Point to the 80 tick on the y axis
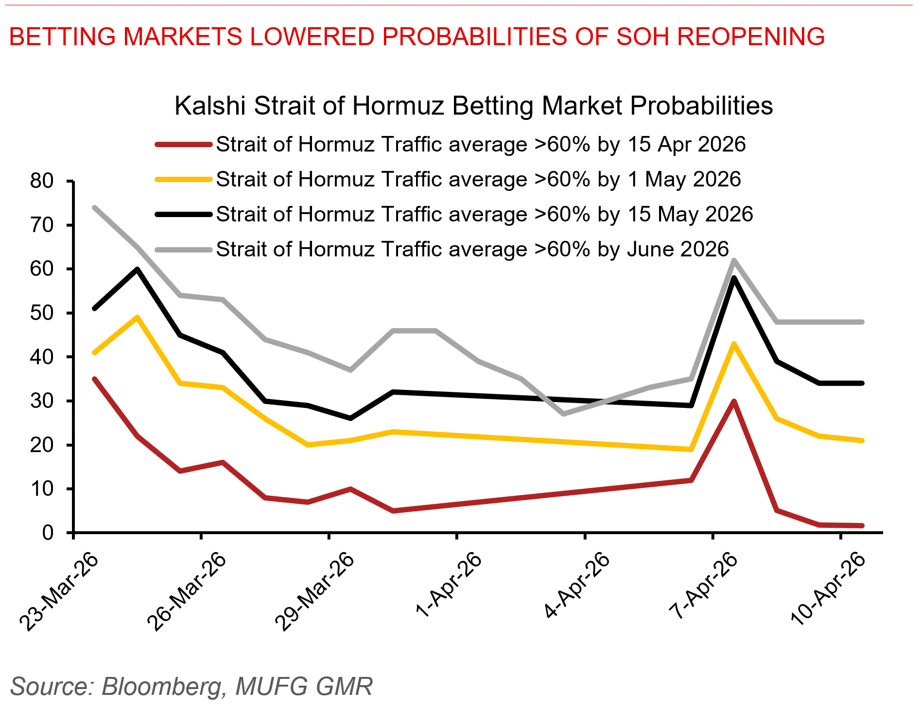[x=42, y=181]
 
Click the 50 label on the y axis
[x=42, y=313]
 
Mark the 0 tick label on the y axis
[x=48, y=533]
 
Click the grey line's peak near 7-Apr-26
[x=733, y=260]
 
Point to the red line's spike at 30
[x=733, y=401]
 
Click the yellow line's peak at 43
[x=733, y=344]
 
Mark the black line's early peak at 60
[x=137, y=269]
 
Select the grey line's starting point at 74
[x=94, y=207]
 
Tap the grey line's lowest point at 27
[x=563, y=414]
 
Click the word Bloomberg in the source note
[x=163, y=686]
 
